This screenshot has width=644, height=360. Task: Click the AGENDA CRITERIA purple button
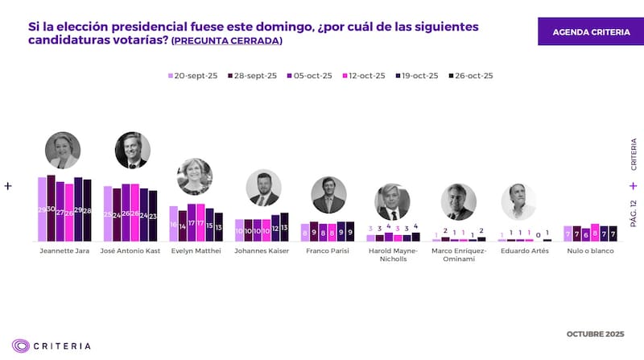point(591,31)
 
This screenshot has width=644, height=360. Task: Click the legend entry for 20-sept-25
point(191,76)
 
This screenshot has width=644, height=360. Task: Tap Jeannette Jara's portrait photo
point(63,149)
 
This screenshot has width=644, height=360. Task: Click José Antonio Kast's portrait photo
point(132,149)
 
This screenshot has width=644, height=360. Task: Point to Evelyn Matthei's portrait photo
point(194,176)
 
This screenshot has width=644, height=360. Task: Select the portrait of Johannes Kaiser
point(263,188)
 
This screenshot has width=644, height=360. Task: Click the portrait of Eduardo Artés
point(518,201)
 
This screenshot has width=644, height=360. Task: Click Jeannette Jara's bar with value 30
point(51,209)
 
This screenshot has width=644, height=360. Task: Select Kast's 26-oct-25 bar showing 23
point(153,216)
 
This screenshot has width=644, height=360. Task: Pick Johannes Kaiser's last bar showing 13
point(283,228)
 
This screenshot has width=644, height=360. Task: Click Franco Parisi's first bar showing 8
point(305,233)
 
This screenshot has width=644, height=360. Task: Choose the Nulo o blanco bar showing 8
point(595,233)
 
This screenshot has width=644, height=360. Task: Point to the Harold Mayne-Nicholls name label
point(393,255)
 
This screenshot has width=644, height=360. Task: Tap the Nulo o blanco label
point(591,251)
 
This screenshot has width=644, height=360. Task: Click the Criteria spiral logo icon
point(21,346)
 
